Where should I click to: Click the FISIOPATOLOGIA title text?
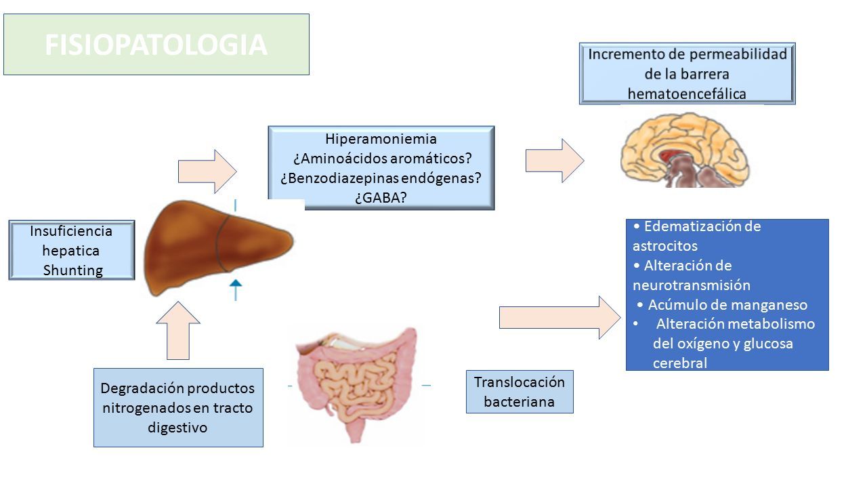click(156, 45)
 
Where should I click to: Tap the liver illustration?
click(219, 248)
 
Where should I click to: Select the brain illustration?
click(684, 150)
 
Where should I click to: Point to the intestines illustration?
click(357, 386)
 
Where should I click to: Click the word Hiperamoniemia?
click(381, 139)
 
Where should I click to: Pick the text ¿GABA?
click(381, 197)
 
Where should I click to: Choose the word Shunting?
click(72, 270)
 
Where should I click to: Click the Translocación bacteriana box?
click(520, 392)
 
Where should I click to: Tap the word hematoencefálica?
click(687, 94)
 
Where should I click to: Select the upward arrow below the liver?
click(178, 330)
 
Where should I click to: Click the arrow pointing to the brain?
click(555, 161)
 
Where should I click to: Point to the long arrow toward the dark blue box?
click(560, 318)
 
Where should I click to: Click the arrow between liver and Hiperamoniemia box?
click(207, 171)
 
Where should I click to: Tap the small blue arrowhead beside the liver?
click(236, 283)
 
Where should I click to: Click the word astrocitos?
click(665, 246)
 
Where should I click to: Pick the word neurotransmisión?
click(692, 285)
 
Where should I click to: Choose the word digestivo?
click(177, 428)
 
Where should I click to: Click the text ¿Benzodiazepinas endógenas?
click(381, 178)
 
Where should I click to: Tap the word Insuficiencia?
click(71, 231)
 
